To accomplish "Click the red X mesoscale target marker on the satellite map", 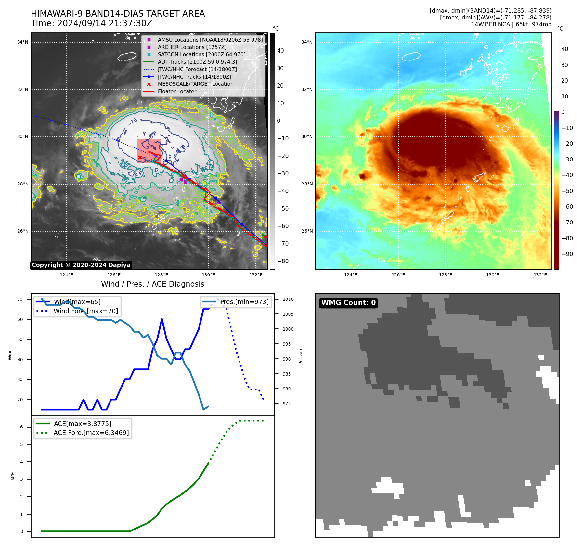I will (x=140, y=158).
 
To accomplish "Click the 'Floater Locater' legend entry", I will (x=177, y=92).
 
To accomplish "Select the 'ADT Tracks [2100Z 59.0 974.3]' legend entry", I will (x=197, y=62).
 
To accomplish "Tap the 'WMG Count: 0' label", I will (x=348, y=303).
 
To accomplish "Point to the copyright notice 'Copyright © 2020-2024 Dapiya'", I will (x=81, y=265).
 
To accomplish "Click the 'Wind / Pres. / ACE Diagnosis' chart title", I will (x=152, y=284).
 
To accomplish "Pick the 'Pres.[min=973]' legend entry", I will (x=244, y=302).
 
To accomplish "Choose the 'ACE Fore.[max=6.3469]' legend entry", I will (x=91, y=433).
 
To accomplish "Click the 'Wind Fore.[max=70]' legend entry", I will (x=86, y=311).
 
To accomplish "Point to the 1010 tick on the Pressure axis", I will (x=288, y=300).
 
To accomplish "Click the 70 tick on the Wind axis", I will (x=20, y=300).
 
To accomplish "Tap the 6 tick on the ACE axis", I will (x=22, y=427).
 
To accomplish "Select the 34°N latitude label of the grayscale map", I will (x=23, y=42).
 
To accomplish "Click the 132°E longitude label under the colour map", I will (x=540, y=275).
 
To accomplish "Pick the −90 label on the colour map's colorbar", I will (x=567, y=254).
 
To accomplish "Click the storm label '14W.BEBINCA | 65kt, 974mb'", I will (x=511, y=24).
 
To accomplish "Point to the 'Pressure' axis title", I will (x=301, y=355).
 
